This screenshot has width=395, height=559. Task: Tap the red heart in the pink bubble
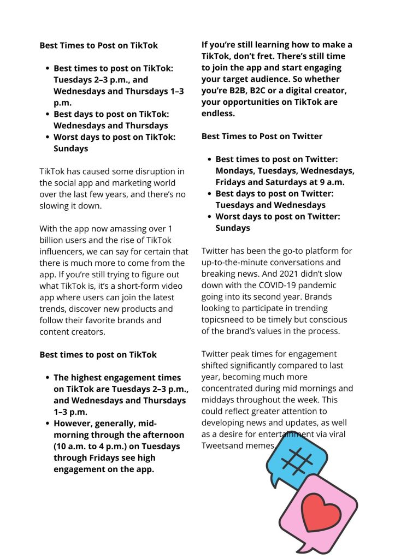pos(321,513)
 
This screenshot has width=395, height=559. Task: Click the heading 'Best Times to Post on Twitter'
pos(262,136)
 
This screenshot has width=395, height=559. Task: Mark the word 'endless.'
pos(219,114)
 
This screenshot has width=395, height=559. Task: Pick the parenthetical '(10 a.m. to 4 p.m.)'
pos(92,447)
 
